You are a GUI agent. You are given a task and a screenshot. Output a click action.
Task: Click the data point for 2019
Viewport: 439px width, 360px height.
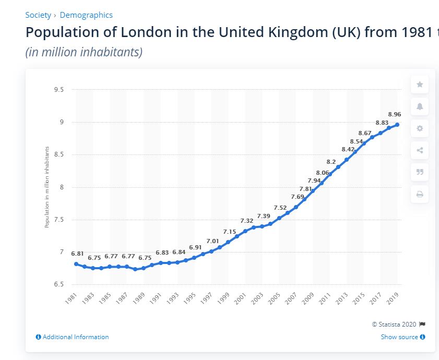pyautogui.click(x=397, y=125)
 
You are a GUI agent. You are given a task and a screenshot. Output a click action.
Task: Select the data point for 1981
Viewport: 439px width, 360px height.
pyautogui.click(x=76, y=264)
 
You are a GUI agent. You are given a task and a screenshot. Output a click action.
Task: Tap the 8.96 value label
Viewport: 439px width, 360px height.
pyautogui.click(x=395, y=114)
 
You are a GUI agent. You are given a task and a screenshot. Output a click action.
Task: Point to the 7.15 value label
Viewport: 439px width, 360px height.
pyautogui.click(x=230, y=232)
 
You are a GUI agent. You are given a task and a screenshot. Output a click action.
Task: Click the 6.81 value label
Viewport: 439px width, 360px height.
pyautogui.click(x=77, y=254)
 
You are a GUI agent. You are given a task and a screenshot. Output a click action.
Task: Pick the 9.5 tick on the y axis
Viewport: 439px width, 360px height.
pyautogui.click(x=58, y=90)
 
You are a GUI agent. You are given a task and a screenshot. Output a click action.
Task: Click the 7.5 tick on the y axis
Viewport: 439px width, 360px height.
pyautogui.click(x=58, y=220)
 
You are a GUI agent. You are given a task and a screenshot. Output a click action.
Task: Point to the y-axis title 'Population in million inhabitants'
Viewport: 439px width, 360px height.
pyautogui.click(x=46, y=187)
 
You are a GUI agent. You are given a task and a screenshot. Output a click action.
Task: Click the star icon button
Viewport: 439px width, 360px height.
pyautogui.click(x=420, y=85)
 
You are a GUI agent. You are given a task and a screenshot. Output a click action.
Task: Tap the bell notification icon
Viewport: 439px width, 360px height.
pyautogui.click(x=420, y=106)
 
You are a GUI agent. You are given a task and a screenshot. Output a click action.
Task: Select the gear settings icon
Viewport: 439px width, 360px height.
pyautogui.click(x=420, y=128)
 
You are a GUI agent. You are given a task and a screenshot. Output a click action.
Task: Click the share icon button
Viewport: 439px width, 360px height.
pyautogui.click(x=420, y=150)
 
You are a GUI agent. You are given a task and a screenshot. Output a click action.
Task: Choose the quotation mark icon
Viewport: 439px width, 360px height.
pyautogui.click(x=420, y=172)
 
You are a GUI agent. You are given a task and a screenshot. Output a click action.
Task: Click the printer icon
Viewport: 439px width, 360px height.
pyautogui.click(x=420, y=194)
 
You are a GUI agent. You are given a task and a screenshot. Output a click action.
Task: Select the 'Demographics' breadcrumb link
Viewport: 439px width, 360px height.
pyautogui.click(x=86, y=15)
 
